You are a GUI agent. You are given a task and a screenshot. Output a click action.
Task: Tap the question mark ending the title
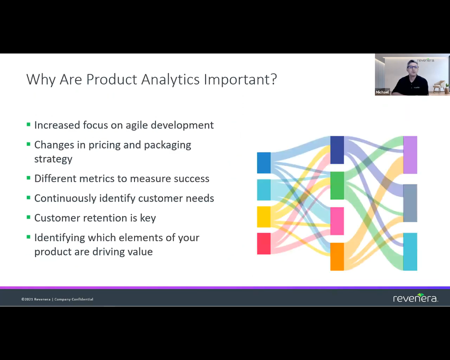(x=273, y=79)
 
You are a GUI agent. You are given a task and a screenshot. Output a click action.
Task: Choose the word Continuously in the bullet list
(x=65, y=198)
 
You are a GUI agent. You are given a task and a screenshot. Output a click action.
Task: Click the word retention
(x=110, y=218)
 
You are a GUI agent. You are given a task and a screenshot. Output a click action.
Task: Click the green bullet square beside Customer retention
(x=28, y=217)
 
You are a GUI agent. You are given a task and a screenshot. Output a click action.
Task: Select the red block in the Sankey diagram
(x=263, y=243)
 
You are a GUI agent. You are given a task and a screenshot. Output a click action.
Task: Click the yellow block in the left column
(x=263, y=216)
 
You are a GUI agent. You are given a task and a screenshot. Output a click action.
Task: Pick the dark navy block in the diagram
(x=337, y=150)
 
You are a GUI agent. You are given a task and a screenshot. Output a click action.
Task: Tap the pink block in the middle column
(x=337, y=221)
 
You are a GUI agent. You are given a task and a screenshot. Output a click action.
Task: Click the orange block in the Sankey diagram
(x=337, y=256)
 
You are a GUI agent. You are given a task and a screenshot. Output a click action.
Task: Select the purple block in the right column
(x=410, y=154)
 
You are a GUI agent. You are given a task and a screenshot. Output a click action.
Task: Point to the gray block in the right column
(x=410, y=203)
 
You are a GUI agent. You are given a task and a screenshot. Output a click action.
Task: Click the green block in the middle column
(x=337, y=185)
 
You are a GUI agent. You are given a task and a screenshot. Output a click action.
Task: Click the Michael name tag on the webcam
(x=382, y=92)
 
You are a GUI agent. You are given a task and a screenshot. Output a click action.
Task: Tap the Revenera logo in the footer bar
(x=415, y=297)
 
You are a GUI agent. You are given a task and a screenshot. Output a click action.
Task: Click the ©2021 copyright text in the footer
(x=57, y=299)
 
